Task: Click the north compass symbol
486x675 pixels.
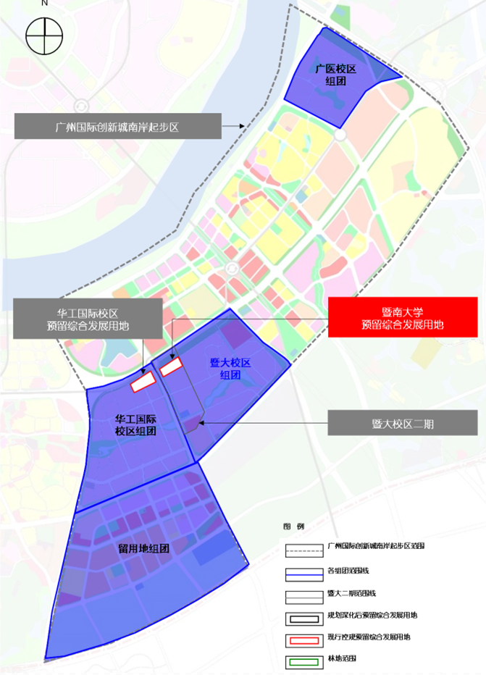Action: pos(43,35)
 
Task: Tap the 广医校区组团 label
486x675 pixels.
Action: pos(335,75)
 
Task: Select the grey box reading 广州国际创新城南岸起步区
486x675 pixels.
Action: pos(117,126)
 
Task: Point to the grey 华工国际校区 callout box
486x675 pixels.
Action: pos(88,319)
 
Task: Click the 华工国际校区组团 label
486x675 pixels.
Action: pos(135,425)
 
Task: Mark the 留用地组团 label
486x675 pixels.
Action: pos(143,548)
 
